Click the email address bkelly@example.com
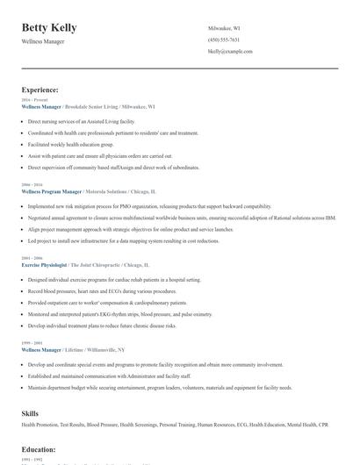pyautogui.click(x=230, y=52)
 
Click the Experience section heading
pyautogui.click(x=40, y=89)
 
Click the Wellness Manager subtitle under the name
pyautogui.click(x=42, y=41)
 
